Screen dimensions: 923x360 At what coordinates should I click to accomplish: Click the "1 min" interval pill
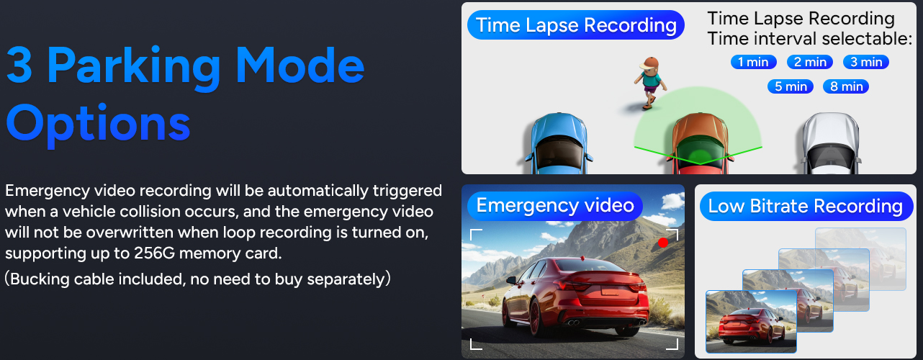pyautogui.click(x=754, y=62)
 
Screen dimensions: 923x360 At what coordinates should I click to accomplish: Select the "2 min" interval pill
pyautogui.click(x=810, y=62)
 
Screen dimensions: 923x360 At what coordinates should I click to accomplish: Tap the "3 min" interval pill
pyautogui.click(x=866, y=62)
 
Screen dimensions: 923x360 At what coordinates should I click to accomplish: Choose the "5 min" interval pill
pyautogui.click(x=791, y=86)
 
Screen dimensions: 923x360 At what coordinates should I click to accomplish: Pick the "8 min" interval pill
pyautogui.click(x=846, y=86)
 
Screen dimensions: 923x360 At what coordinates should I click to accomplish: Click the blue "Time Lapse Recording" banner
pyautogui.click(x=576, y=25)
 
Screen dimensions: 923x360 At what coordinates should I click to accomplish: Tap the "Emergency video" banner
pyautogui.click(x=555, y=205)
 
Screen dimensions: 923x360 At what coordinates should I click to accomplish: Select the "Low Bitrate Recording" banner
pyautogui.click(x=806, y=206)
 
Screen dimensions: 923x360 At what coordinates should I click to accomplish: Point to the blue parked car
pyautogui.click(x=559, y=143)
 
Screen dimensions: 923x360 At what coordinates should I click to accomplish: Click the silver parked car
pyautogui.click(x=832, y=143)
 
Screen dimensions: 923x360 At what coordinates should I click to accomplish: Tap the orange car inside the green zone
pyautogui.click(x=700, y=143)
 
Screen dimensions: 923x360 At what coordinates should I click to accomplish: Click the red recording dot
pyautogui.click(x=663, y=243)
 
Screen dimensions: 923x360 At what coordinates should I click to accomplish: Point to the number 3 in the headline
pyautogui.click(x=19, y=64)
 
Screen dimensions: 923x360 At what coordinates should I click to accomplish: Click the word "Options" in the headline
pyautogui.click(x=98, y=124)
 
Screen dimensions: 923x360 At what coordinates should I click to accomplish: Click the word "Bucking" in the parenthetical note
pyautogui.click(x=40, y=279)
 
